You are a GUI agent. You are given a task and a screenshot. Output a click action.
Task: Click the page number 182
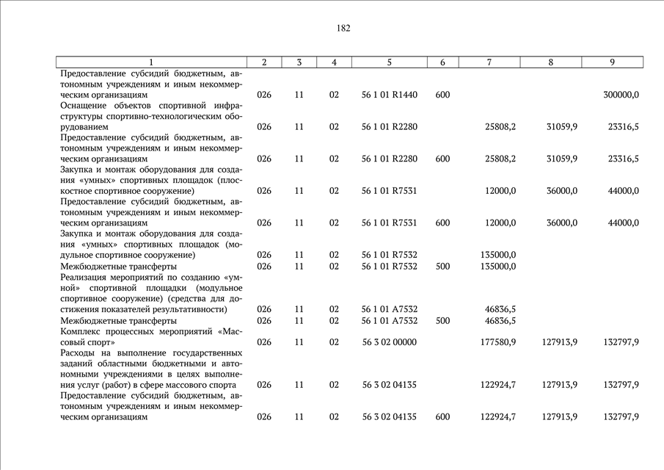pos(343,29)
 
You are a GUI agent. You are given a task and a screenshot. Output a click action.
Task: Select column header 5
pos(390,62)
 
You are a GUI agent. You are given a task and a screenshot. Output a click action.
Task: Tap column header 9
pos(612,62)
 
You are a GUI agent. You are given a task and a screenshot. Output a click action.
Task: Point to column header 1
pos(150,62)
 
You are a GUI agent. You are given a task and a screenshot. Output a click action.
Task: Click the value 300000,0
pos(621,95)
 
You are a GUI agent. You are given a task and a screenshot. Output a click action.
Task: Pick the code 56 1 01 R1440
pos(390,95)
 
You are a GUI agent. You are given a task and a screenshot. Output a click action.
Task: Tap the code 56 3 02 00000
pos(390,341)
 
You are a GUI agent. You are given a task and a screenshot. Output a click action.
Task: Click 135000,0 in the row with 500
pos(498,266)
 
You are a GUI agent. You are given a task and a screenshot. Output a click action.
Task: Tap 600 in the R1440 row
pos(442,95)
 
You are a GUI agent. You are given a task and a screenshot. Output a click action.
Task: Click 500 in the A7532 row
pos(442,320)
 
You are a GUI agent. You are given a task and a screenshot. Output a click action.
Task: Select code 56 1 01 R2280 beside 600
pos(390,159)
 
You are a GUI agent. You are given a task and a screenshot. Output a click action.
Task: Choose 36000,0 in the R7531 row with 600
pos(562,223)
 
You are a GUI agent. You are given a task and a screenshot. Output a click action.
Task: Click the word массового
pos(190,385)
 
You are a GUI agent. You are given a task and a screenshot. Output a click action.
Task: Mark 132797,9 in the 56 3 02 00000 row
pos(621,341)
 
